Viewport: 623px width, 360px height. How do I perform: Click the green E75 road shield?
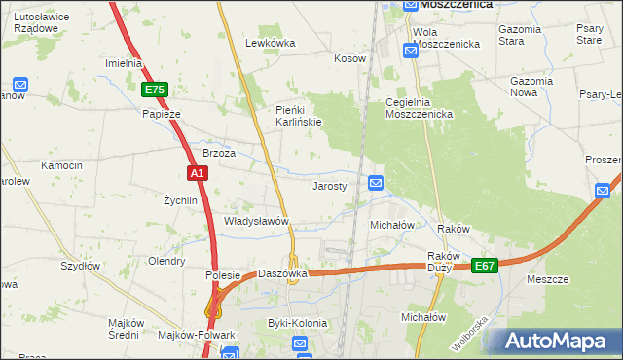click(154, 90)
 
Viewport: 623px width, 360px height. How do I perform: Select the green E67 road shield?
click(485, 265)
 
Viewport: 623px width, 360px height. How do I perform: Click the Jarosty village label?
click(329, 186)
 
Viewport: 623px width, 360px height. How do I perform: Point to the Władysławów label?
click(257, 221)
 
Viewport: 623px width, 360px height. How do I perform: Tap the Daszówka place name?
click(282, 273)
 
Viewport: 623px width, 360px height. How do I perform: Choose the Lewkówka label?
click(270, 43)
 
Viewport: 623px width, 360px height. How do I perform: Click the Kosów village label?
click(349, 58)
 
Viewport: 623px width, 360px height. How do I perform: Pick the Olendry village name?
click(165, 261)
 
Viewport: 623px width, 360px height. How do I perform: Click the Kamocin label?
click(60, 166)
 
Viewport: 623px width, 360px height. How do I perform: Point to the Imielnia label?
click(124, 63)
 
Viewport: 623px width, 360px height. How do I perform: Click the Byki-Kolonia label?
click(298, 322)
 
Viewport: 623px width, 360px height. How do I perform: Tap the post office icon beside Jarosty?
click(376, 182)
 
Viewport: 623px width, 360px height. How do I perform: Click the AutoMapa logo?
click(554, 341)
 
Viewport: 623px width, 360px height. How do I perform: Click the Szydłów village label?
click(81, 265)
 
